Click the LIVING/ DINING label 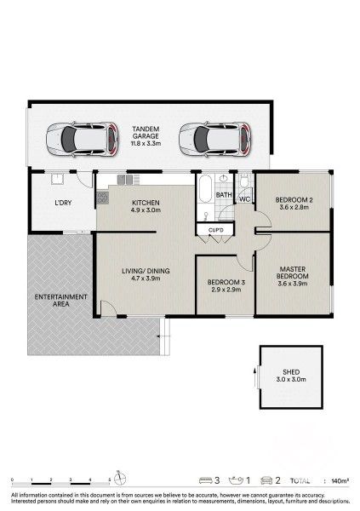coord(146,271)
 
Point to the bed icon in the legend coord(205,481)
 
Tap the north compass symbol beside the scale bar coord(120,478)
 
